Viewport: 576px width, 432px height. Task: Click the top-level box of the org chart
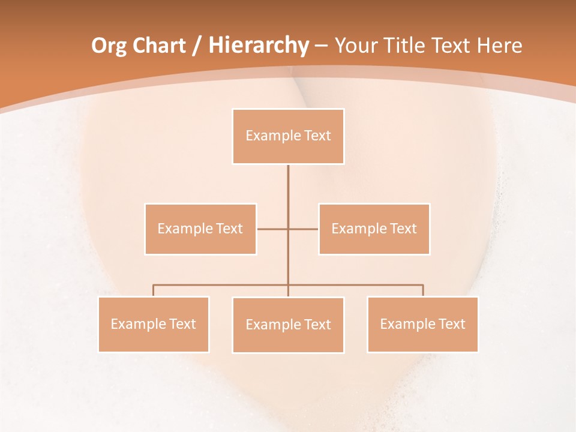[288, 136]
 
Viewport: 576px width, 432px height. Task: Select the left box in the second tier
[200, 229]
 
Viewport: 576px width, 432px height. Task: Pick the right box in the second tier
[374, 229]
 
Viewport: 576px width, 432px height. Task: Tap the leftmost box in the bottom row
[154, 324]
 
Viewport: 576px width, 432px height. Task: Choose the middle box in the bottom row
[288, 325]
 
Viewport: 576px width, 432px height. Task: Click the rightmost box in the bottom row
[422, 324]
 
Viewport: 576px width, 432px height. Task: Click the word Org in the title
[109, 46]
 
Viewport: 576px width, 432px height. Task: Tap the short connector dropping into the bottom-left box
[154, 290]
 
